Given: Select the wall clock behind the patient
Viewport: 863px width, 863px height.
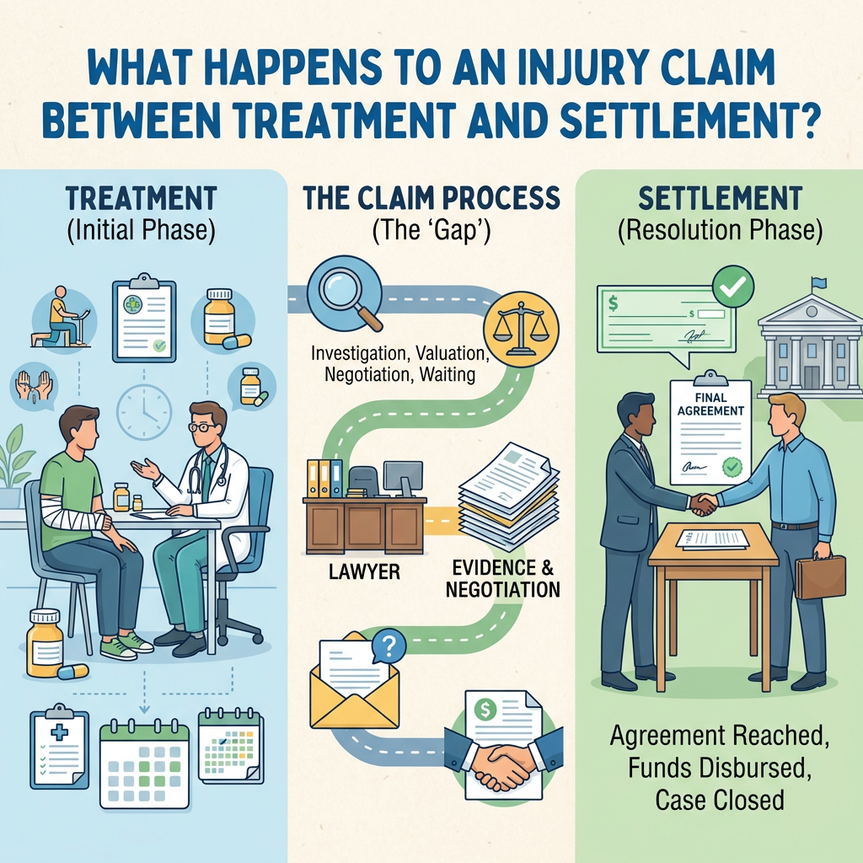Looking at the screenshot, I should [x=144, y=410].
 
